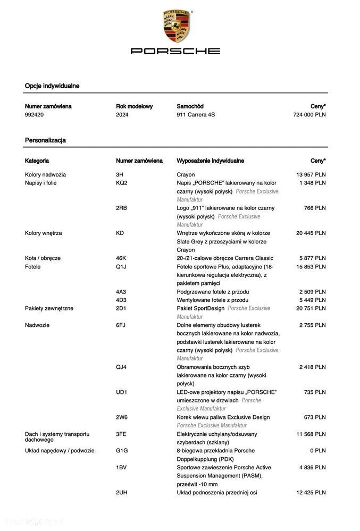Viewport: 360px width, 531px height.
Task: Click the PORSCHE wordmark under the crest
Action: [175, 51]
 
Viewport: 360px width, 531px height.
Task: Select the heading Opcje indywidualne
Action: [52, 86]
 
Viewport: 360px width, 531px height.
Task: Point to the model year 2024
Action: [122, 115]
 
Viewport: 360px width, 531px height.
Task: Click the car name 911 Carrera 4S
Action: [196, 115]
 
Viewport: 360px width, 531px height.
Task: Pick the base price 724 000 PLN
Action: [309, 115]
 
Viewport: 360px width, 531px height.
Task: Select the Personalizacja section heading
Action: [45, 140]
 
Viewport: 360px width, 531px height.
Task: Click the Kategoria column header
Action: [37, 161]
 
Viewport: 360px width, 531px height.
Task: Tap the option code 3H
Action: [120, 174]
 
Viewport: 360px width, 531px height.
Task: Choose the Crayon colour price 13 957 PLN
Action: [311, 174]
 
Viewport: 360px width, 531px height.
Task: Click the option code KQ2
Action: [122, 183]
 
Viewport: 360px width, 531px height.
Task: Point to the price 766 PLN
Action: [315, 208]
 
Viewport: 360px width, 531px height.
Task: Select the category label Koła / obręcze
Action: [43, 258]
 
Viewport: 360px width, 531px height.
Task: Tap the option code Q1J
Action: [121, 267]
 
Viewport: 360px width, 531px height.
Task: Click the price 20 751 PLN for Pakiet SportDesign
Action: [311, 308]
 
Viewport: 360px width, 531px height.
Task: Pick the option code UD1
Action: [122, 392]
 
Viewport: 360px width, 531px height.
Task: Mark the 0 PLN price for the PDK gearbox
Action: [319, 451]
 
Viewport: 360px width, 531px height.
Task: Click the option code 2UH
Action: [122, 493]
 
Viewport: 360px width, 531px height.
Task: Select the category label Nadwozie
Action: [37, 325]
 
